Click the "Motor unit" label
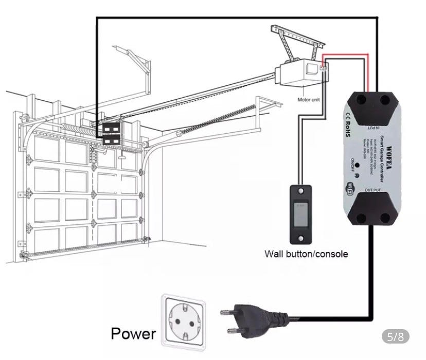(x=309, y=100)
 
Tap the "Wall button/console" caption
(x=306, y=254)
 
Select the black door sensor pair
(x=112, y=133)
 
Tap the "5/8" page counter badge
(x=397, y=337)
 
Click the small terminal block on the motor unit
(x=323, y=67)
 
